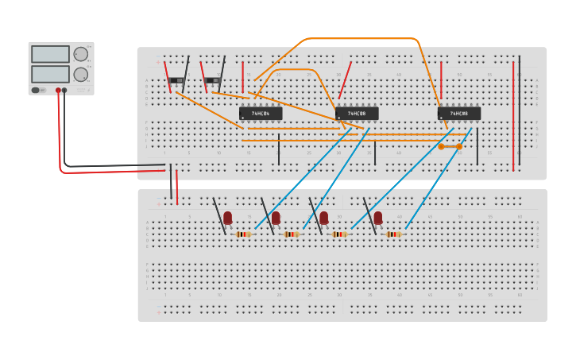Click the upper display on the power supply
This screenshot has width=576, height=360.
50,54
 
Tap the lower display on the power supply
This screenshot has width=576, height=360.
50,74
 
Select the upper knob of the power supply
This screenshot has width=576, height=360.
81,54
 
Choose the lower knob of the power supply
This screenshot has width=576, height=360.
81,74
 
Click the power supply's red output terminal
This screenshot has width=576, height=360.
58,91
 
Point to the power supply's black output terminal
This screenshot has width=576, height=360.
65,91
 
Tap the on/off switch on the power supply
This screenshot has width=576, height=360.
36,90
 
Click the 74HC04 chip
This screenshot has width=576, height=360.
261,114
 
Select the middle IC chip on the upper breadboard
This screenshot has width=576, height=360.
357,114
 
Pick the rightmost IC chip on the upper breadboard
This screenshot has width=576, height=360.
459,114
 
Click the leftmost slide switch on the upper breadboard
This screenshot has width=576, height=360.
176,80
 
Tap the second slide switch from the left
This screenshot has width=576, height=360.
212,80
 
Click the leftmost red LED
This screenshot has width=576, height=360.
228,217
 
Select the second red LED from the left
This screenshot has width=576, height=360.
276,217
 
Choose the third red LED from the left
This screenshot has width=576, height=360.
323,217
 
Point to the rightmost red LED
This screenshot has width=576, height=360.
378,217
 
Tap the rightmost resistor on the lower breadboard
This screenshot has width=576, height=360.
393,234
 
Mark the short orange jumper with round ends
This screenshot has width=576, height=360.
450,146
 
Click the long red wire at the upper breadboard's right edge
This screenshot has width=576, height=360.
513,111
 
